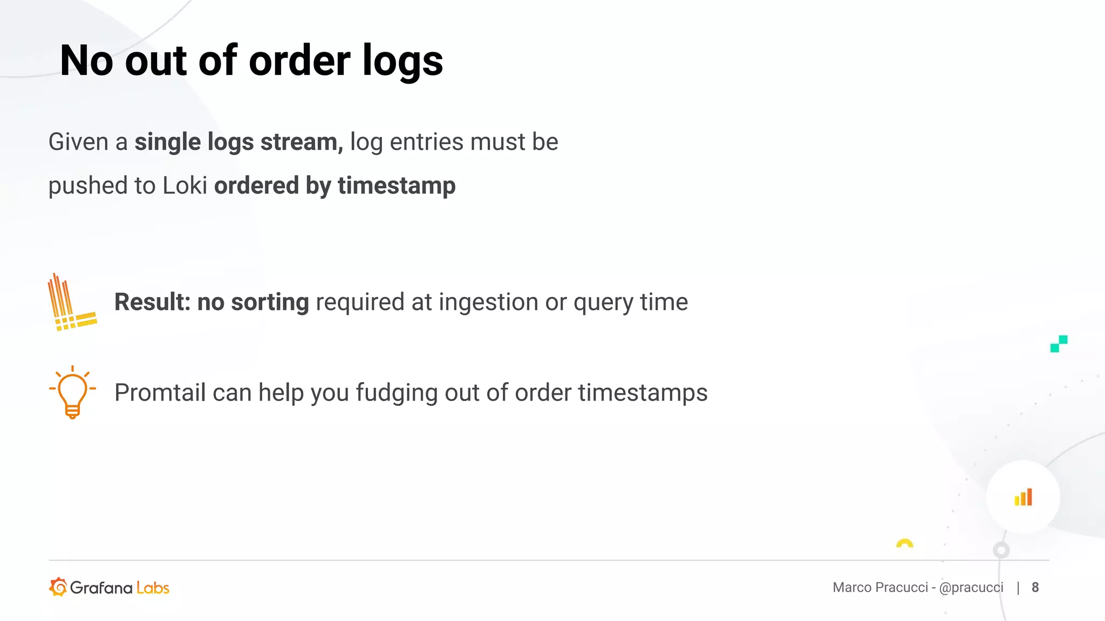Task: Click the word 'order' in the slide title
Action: point(299,60)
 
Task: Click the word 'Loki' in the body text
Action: point(185,185)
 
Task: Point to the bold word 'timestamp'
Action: point(397,186)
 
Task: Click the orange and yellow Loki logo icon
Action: point(72,302)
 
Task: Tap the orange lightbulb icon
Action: point(73,392)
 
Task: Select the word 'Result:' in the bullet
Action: point(153,302)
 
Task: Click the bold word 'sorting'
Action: point(270,302)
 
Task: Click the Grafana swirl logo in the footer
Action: point(58,587)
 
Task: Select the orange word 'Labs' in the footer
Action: point(153,588)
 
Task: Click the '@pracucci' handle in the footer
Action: point(971,588)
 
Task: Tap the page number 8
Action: point(1035,587)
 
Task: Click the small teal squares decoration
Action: point(1059,344)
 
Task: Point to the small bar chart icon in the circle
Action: point(1023,497)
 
